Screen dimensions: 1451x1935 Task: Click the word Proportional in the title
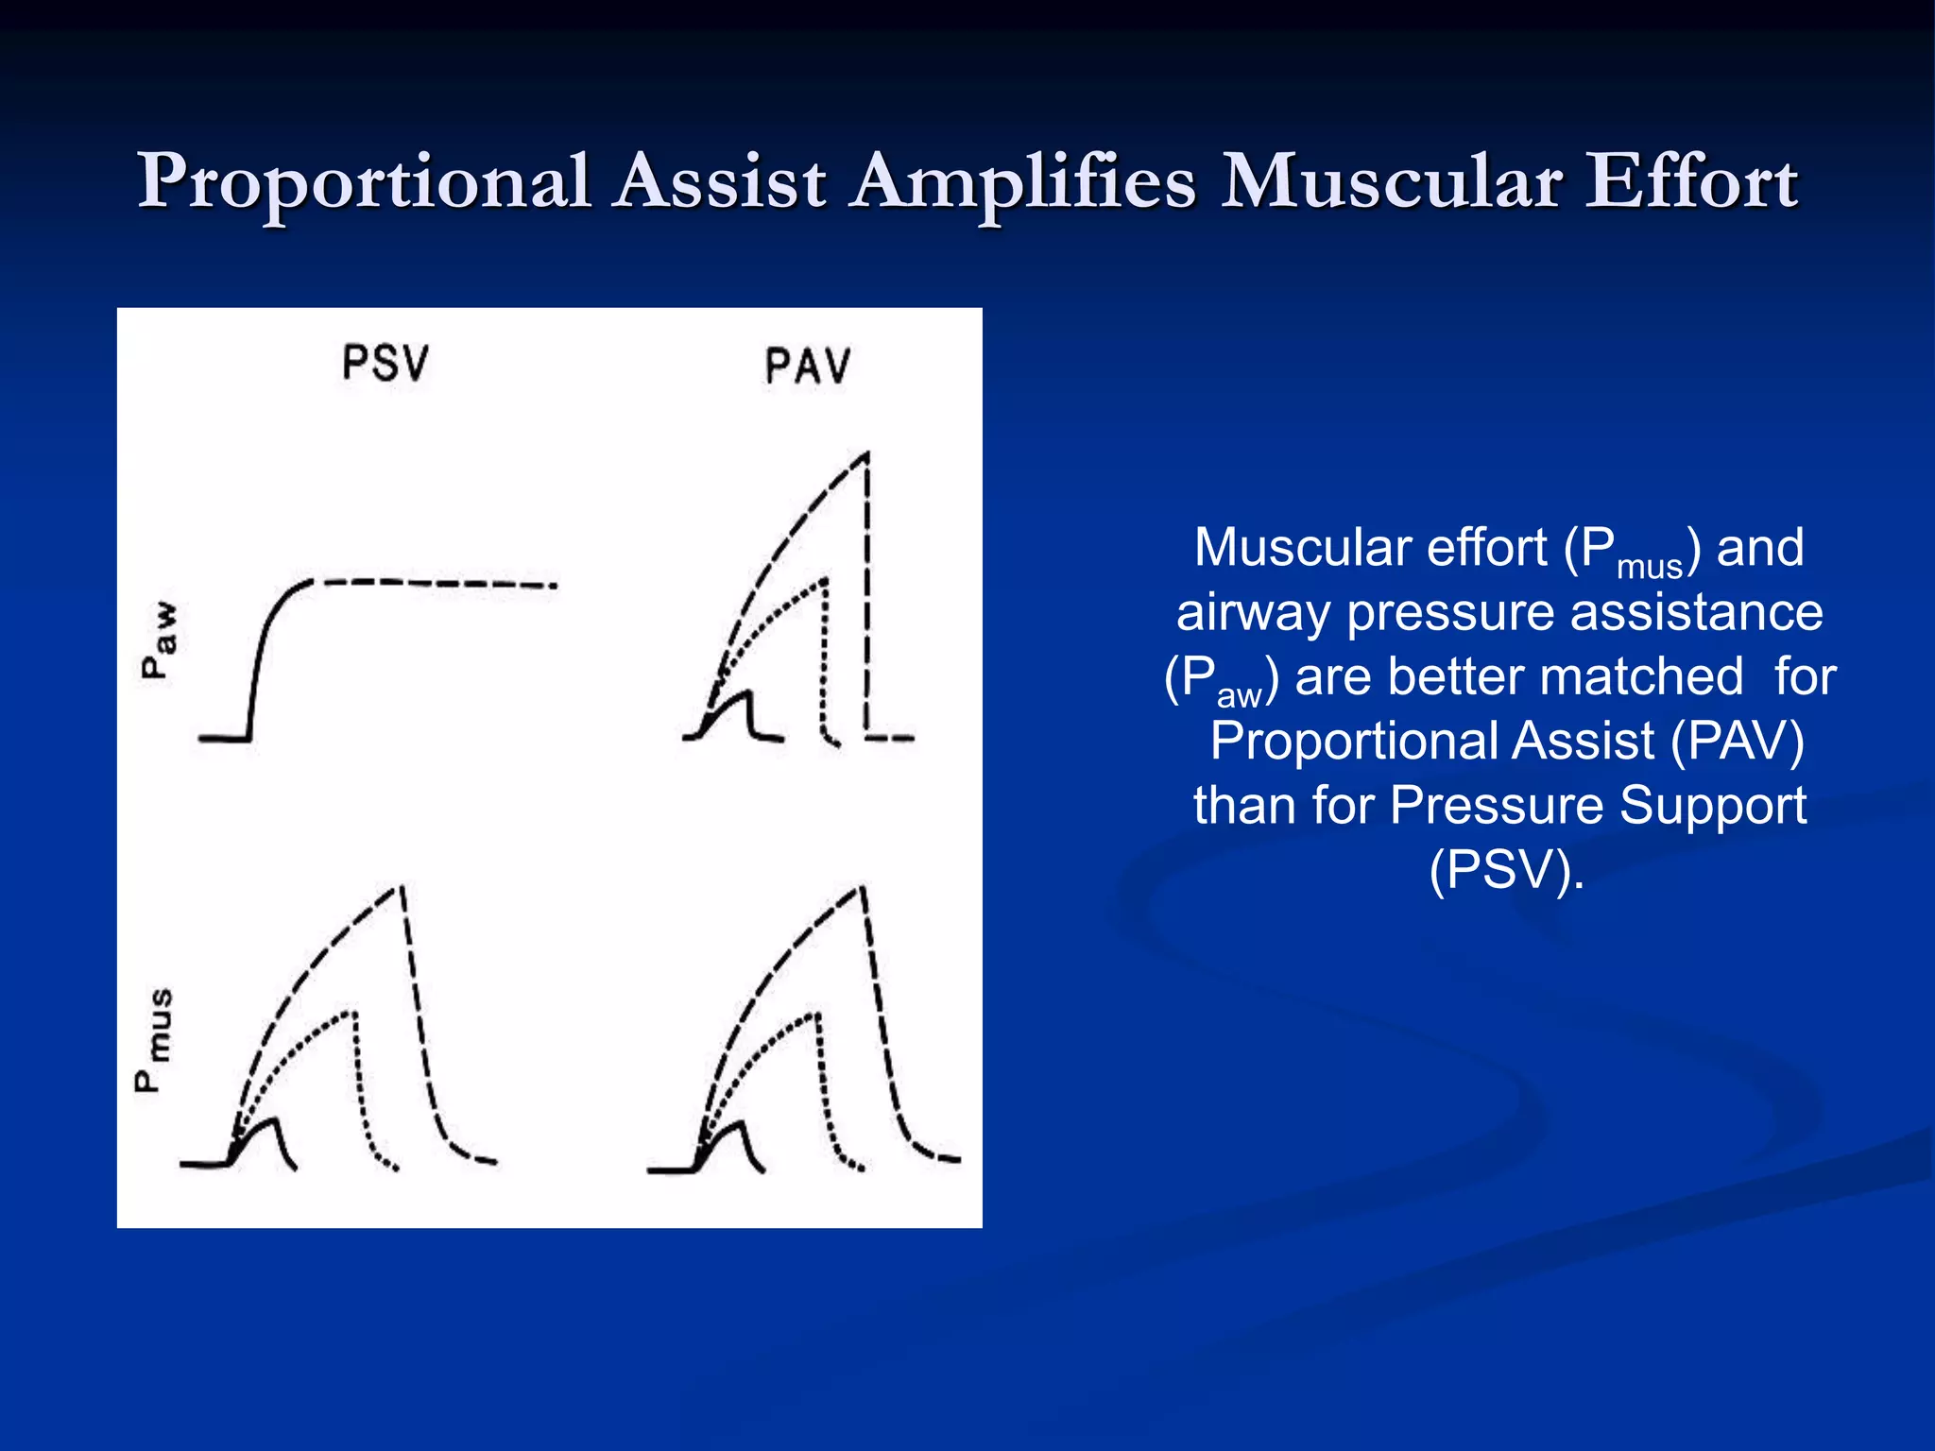[364, 182]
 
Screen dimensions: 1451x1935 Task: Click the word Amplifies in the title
[1022, 182]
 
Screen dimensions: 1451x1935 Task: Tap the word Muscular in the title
[1390, 182]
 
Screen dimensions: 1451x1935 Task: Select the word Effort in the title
[1691, 182]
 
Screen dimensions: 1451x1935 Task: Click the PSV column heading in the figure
[385, 364]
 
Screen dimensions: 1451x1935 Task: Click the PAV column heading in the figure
[808, 367]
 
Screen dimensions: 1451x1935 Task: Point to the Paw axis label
[159, 640]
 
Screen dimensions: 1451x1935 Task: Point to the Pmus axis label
[154, 1040]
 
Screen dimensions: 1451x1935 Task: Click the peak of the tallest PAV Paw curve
[865, 455]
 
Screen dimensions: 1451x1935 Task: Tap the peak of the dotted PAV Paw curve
[825, 579]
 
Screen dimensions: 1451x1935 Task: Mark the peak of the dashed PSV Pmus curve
[401, 887]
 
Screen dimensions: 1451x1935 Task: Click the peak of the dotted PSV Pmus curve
[354, 1013]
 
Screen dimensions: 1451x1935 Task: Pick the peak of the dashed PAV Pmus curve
[861, 887]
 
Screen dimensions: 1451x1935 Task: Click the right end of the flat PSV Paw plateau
[555, 586]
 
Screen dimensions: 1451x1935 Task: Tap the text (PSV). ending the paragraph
[1506, 869]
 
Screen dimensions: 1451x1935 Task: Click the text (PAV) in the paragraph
[1738, 741]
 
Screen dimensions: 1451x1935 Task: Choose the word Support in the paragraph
[1711, 805]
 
